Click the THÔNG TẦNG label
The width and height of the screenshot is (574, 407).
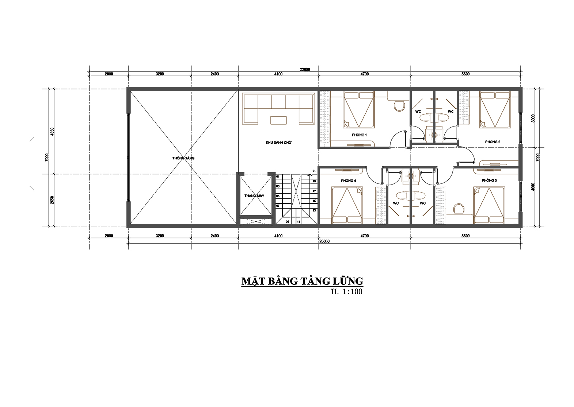(x=183, y=158)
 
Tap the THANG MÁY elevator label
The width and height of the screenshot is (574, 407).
(x=254, y=196)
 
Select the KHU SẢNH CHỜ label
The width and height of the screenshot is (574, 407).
(x=278, y=142)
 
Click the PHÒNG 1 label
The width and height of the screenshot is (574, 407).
(x=359, y=135)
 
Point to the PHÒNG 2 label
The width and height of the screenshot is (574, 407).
(x=493, y=142)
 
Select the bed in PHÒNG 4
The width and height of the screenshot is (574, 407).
(x=347, y=205)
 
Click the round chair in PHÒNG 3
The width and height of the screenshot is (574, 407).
(x=458, y=209)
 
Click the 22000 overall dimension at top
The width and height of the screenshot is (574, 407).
(x=305, y=69)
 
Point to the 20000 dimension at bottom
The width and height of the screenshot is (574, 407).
(x=324, y=241)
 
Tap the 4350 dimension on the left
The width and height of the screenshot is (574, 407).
(x=52, y=132)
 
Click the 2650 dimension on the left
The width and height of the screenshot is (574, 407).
(x=52, y=200)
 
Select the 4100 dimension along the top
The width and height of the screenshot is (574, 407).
(x=278, y=74)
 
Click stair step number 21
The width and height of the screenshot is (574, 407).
(x=314, y=171)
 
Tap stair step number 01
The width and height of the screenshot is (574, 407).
(x=278, y=177)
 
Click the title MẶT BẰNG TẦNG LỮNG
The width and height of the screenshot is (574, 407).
(x=302, y=282)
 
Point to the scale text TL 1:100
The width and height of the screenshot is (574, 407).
(x=346, y=292)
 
